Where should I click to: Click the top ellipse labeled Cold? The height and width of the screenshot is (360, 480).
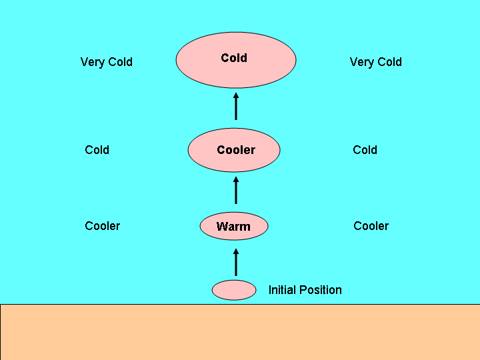(236, 60)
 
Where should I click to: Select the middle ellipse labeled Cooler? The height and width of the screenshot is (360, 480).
(234, 150)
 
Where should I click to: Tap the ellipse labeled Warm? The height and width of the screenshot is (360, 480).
(234, 227)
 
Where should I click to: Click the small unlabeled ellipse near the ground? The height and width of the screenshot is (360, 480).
(234, 290)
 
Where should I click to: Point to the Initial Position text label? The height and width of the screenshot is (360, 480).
(305, 290)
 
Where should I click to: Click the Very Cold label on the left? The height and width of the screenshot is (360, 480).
(107, 62)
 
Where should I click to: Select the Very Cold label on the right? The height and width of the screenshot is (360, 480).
(375, 62)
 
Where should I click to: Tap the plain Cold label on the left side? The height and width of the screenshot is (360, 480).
(97, 150)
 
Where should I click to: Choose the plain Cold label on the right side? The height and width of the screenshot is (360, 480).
(365, 150)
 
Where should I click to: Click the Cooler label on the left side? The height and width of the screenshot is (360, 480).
(102, 226)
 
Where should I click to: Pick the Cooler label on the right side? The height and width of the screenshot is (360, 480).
(371, 226)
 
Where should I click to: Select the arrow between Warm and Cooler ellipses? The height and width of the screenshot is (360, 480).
(236, 190)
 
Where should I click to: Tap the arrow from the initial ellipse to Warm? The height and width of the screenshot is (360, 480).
(236, 262)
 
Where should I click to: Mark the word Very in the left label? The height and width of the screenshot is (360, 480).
(93, 62)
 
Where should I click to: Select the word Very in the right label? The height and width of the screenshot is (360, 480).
(361, 62)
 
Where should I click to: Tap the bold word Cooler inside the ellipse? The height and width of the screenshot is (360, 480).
(236, 150)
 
